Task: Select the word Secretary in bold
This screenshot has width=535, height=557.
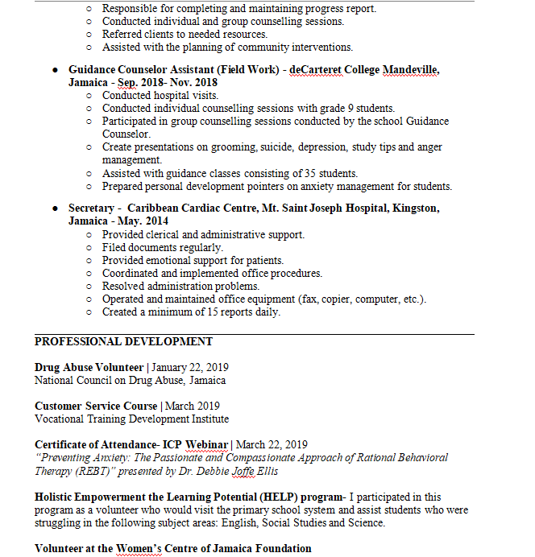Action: tap(91, 208)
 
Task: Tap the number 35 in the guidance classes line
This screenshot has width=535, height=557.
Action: tap(311, 173)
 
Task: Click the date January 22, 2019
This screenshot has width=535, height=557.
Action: tap(189, 367)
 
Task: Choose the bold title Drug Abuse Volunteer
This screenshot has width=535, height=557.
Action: tap(89, 367)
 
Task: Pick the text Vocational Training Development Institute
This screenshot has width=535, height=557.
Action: tap(131, 419)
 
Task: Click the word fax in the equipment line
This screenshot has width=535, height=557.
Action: tap(309, 299)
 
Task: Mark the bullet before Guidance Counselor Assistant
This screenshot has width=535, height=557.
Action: tap(55, 70)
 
